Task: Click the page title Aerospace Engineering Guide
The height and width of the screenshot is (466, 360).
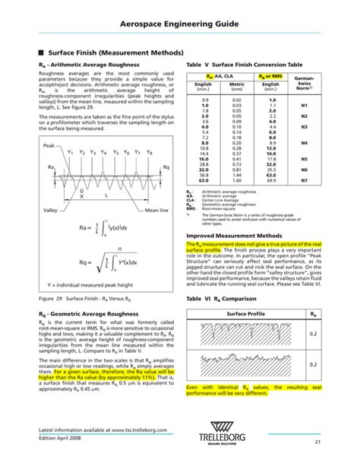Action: pos(179,25)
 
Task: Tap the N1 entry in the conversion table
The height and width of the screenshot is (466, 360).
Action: pos(304,105)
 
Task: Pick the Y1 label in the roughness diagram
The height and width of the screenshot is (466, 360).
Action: pos(70,152)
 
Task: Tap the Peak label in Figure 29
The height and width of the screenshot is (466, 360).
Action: pos(49,144)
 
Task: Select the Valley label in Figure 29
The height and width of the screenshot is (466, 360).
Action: pos(51,209)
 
